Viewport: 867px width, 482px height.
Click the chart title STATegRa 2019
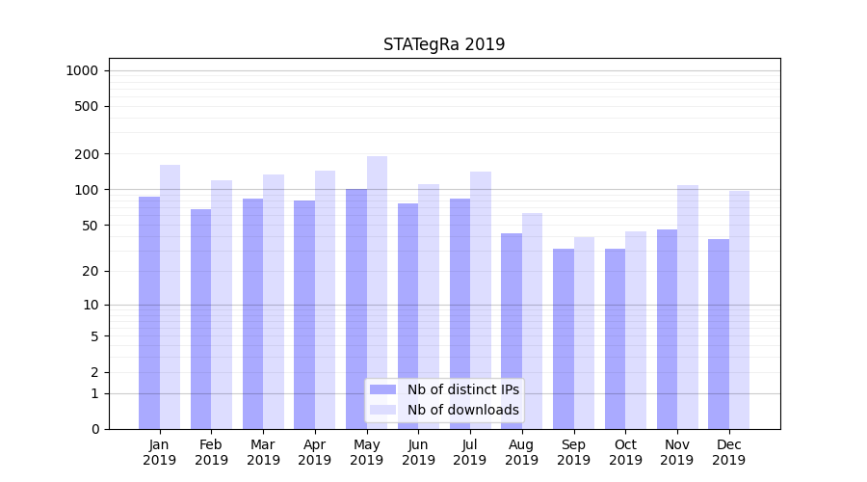444,44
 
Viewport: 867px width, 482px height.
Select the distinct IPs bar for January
149,313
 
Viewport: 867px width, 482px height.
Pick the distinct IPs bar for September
564,338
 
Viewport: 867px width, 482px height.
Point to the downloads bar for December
739,309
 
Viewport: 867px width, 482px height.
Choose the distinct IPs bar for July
460,313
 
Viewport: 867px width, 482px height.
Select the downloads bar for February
222,305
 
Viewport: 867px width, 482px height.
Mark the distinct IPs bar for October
615,338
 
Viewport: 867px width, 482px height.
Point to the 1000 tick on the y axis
82,70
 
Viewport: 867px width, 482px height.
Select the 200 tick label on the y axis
88,154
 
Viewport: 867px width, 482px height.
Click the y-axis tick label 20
91,271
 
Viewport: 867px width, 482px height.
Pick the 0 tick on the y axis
94,429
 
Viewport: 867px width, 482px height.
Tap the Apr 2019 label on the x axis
315,452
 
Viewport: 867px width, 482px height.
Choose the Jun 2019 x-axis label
418,452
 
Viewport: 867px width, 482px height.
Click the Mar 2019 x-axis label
263,452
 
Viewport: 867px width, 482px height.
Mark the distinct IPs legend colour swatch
383,389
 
